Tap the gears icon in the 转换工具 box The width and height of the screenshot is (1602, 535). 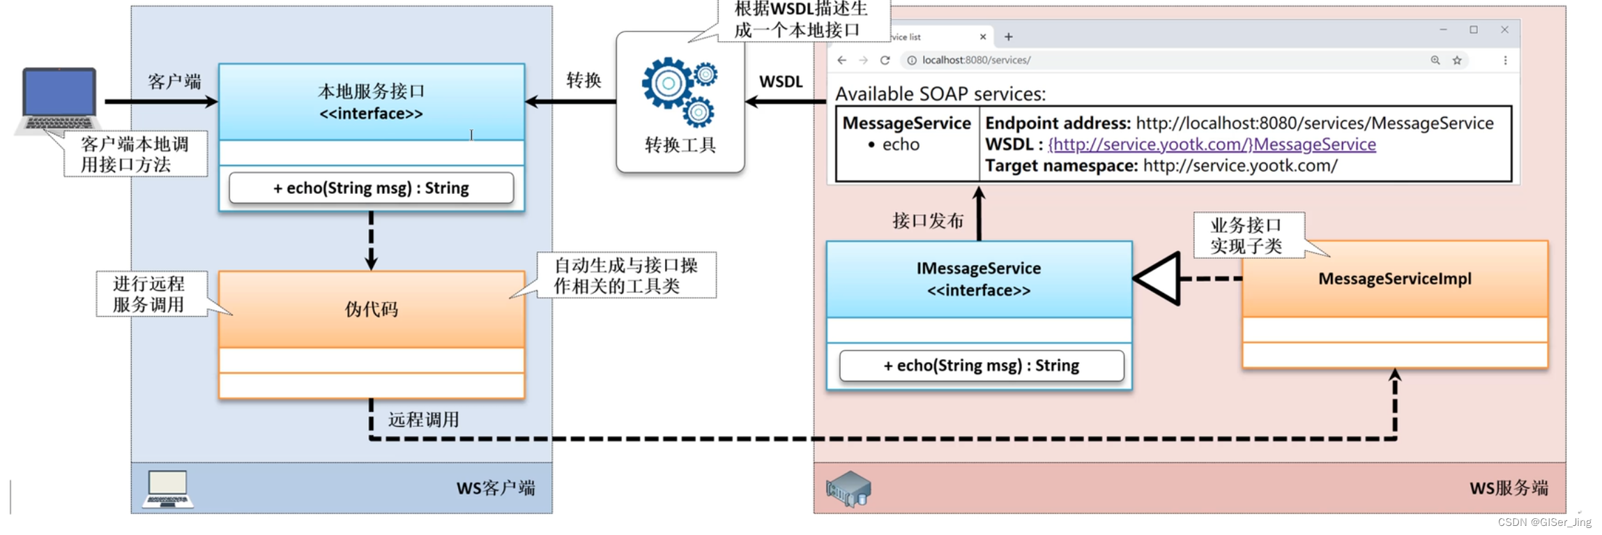coord(680,91)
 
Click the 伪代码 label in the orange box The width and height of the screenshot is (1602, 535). coord(371,309)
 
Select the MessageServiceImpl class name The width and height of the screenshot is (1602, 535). coord(1394,278)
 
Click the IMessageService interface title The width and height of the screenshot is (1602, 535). coord(978,269)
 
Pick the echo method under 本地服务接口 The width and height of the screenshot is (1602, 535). coord(371,188)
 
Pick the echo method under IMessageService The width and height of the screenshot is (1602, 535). coord(981,366)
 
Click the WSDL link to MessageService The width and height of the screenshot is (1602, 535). coord(1212,144)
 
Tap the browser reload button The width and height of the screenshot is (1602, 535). coord(885,60)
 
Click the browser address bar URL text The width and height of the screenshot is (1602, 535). coord(976,60)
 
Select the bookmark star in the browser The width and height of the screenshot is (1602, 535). coord(1456,60)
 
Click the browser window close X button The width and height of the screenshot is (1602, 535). coord(1504,29)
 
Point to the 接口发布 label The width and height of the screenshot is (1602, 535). coord(927,221)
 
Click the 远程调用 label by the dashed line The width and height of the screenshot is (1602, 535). coord(423,419)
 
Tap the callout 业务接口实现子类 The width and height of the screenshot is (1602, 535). coord(1246,236)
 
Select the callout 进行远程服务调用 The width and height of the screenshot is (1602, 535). coord(149,294)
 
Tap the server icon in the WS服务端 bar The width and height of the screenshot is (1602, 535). coord(848,488)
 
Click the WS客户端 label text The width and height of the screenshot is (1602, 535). coord(496,488)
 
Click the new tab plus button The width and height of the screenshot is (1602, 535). coord(1008,37)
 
